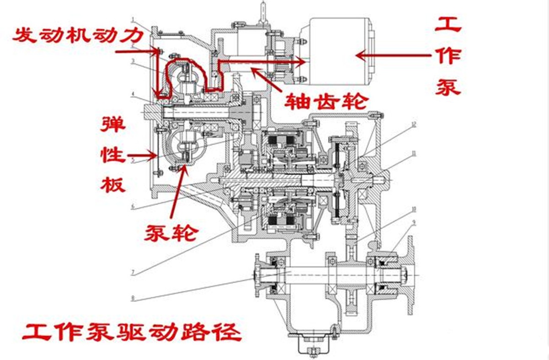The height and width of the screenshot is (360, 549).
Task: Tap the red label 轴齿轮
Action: click(321, 101)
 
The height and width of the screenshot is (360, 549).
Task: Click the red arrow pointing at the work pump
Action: click(393, 55)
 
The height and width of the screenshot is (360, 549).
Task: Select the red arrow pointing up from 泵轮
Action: click(178, 192)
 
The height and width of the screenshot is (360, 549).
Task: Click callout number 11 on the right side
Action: click(414, 154)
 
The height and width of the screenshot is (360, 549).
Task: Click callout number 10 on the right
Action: click(414, 209)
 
